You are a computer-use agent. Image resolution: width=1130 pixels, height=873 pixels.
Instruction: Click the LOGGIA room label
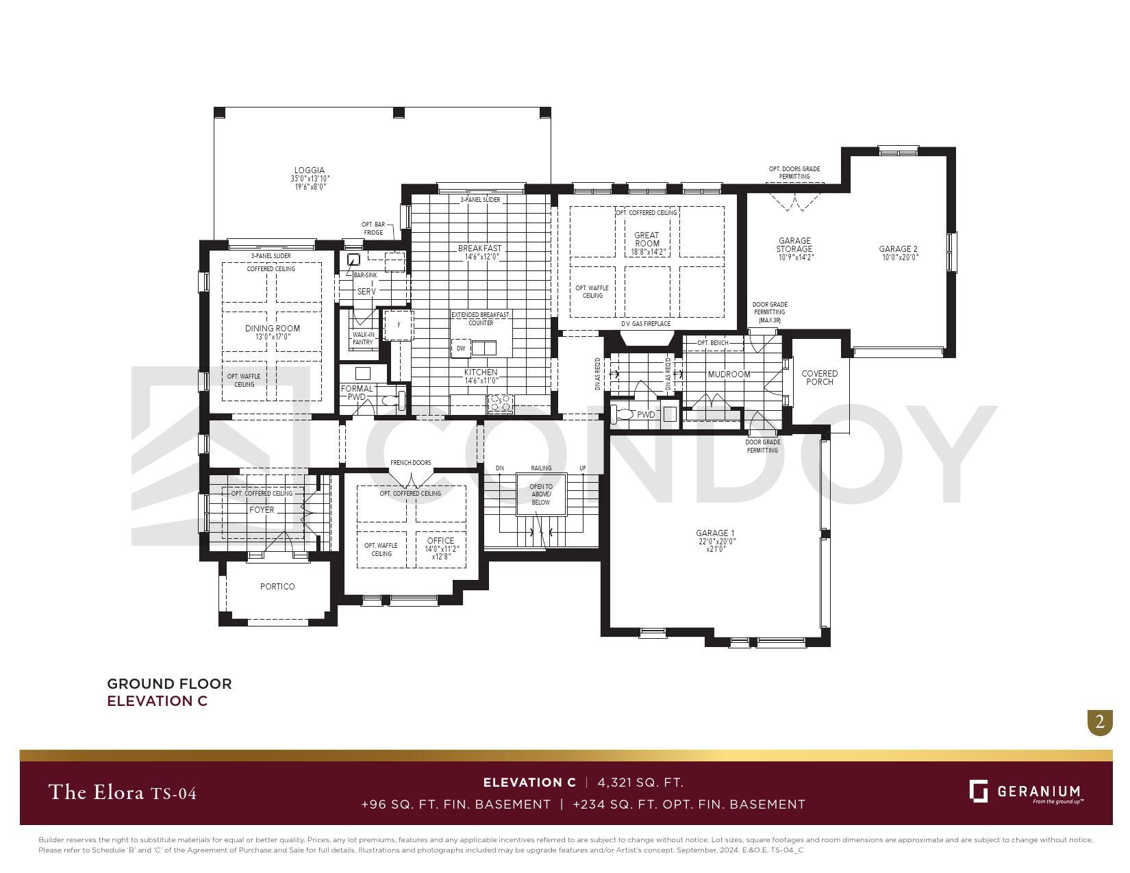point(310,170)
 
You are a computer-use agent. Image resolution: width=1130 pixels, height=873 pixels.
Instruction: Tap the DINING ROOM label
point(273,329)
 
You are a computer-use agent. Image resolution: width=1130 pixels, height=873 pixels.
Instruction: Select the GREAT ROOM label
point(646,239)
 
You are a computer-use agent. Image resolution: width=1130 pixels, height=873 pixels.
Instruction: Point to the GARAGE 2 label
point(898,249)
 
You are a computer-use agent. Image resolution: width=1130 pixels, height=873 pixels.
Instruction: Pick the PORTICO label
point(277,587)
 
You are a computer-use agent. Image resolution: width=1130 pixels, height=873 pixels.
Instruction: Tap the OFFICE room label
point(440,541)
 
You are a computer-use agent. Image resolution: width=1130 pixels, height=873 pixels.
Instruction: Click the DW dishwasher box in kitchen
point(461,349)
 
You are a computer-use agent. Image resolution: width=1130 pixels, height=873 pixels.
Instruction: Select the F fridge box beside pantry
point(399,325)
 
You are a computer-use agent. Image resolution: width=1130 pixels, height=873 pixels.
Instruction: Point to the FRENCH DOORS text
point(411,463)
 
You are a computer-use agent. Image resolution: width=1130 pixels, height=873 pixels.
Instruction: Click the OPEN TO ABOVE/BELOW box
point(541,494)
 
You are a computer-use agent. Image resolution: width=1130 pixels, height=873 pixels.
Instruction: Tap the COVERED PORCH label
point(819,378)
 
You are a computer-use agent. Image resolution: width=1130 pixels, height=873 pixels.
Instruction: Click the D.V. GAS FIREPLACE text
point(646,324)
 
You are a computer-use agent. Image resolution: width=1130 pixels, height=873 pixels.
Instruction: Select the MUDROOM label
point(729,375)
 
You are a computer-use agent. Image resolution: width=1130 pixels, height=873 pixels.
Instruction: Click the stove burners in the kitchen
point(500,404)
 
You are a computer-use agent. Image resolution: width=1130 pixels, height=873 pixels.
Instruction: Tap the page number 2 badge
point(1100,722)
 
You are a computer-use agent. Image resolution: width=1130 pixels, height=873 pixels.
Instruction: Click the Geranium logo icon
point(978,791)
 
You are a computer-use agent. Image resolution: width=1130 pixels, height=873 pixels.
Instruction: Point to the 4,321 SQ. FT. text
point(640,783)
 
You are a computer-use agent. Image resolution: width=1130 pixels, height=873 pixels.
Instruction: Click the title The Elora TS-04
point(123,793)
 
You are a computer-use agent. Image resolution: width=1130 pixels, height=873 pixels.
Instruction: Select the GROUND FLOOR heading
point(169,684)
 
